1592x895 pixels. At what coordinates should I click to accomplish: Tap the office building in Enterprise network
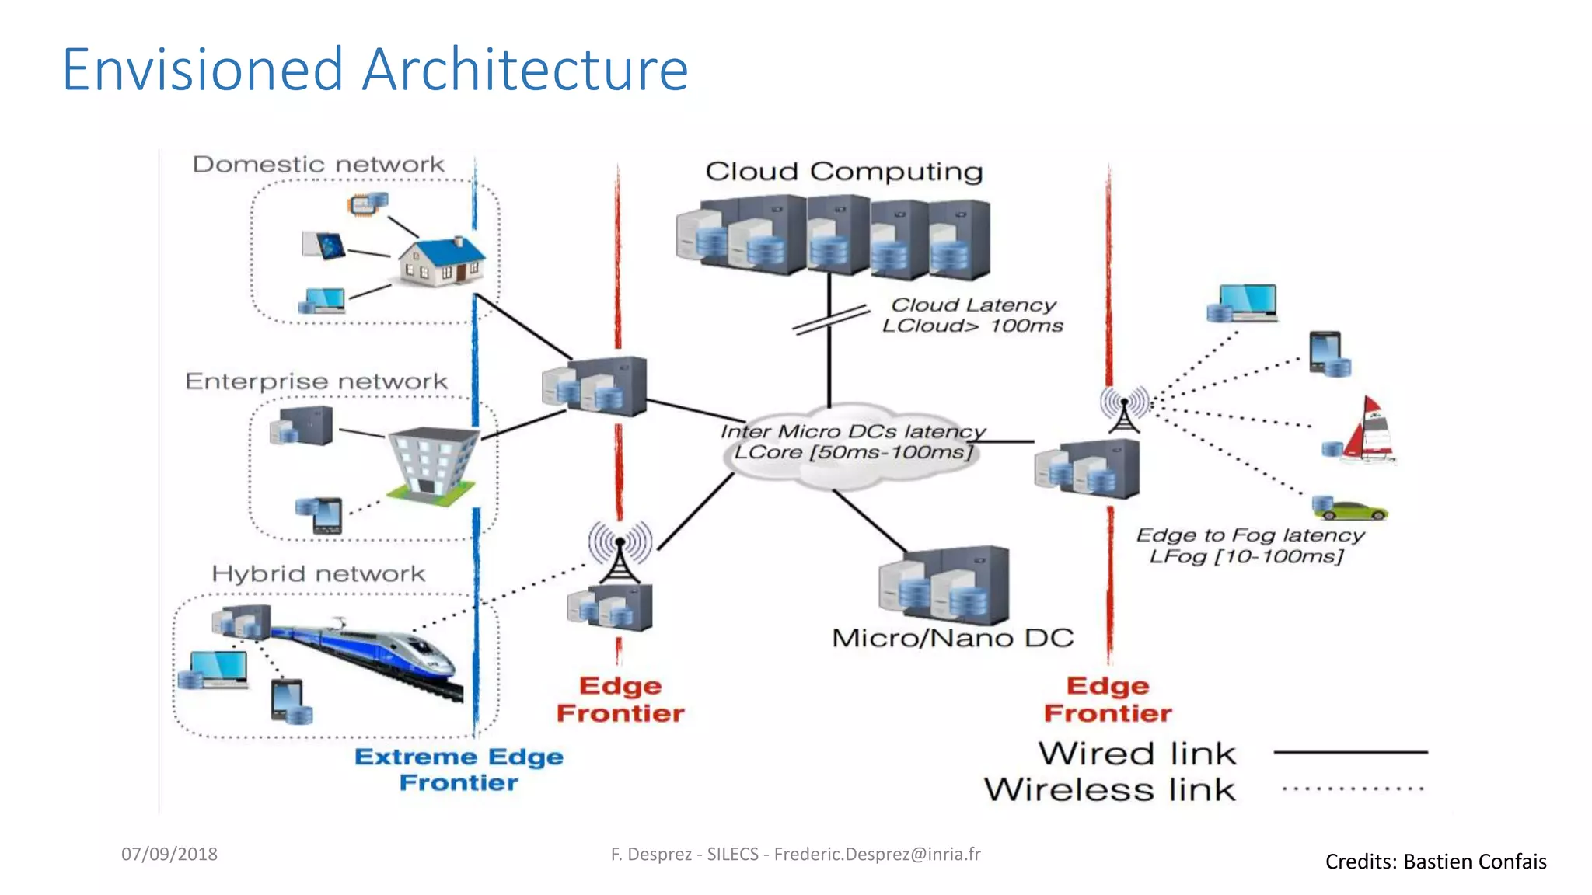tap(432, 462)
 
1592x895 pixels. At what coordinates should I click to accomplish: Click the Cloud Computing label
tap(843, 172)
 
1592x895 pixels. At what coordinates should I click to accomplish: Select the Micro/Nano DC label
tap(952, 639)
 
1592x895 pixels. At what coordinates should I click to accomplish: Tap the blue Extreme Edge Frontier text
tap(459, 769)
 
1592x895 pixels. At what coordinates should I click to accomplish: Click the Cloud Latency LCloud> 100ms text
tap(973, 315)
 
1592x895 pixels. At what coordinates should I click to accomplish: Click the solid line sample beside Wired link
tap(1351, 752)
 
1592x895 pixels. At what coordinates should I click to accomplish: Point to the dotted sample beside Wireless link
tap(1353, 789)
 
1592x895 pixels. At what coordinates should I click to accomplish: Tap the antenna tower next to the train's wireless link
tap(620, 552)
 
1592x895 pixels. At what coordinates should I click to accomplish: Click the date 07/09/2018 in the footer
tap(169, 854)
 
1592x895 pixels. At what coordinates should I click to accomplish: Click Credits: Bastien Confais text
tap(1435, 862)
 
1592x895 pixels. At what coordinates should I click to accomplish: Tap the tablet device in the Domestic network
tap(326, 246)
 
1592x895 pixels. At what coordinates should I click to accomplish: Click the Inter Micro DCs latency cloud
tap(851, 443)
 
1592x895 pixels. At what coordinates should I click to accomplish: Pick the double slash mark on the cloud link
tap(830, 319)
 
